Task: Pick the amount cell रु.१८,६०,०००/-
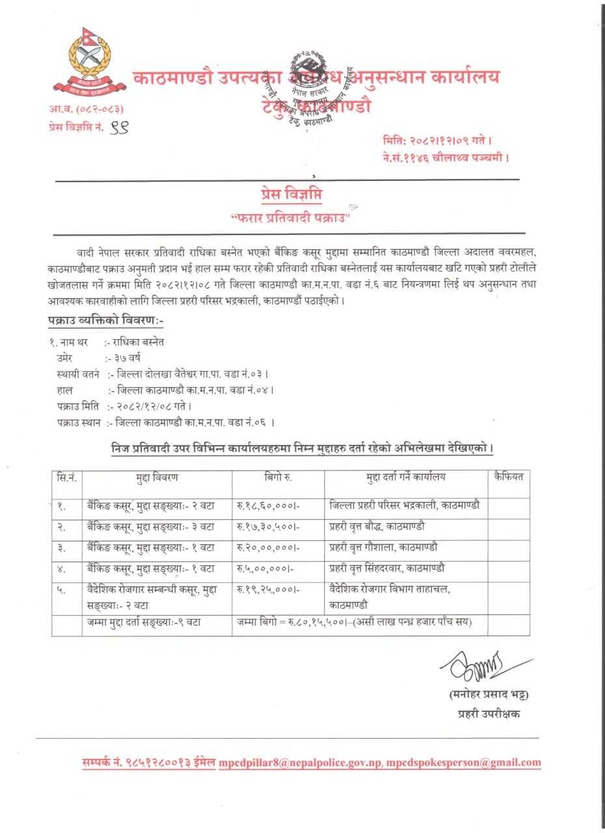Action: (269, 505)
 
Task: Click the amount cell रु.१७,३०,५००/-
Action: (269, 526)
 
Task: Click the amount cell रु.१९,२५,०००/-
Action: (269, 590)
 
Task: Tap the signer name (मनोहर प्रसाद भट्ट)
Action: (489, 695)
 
